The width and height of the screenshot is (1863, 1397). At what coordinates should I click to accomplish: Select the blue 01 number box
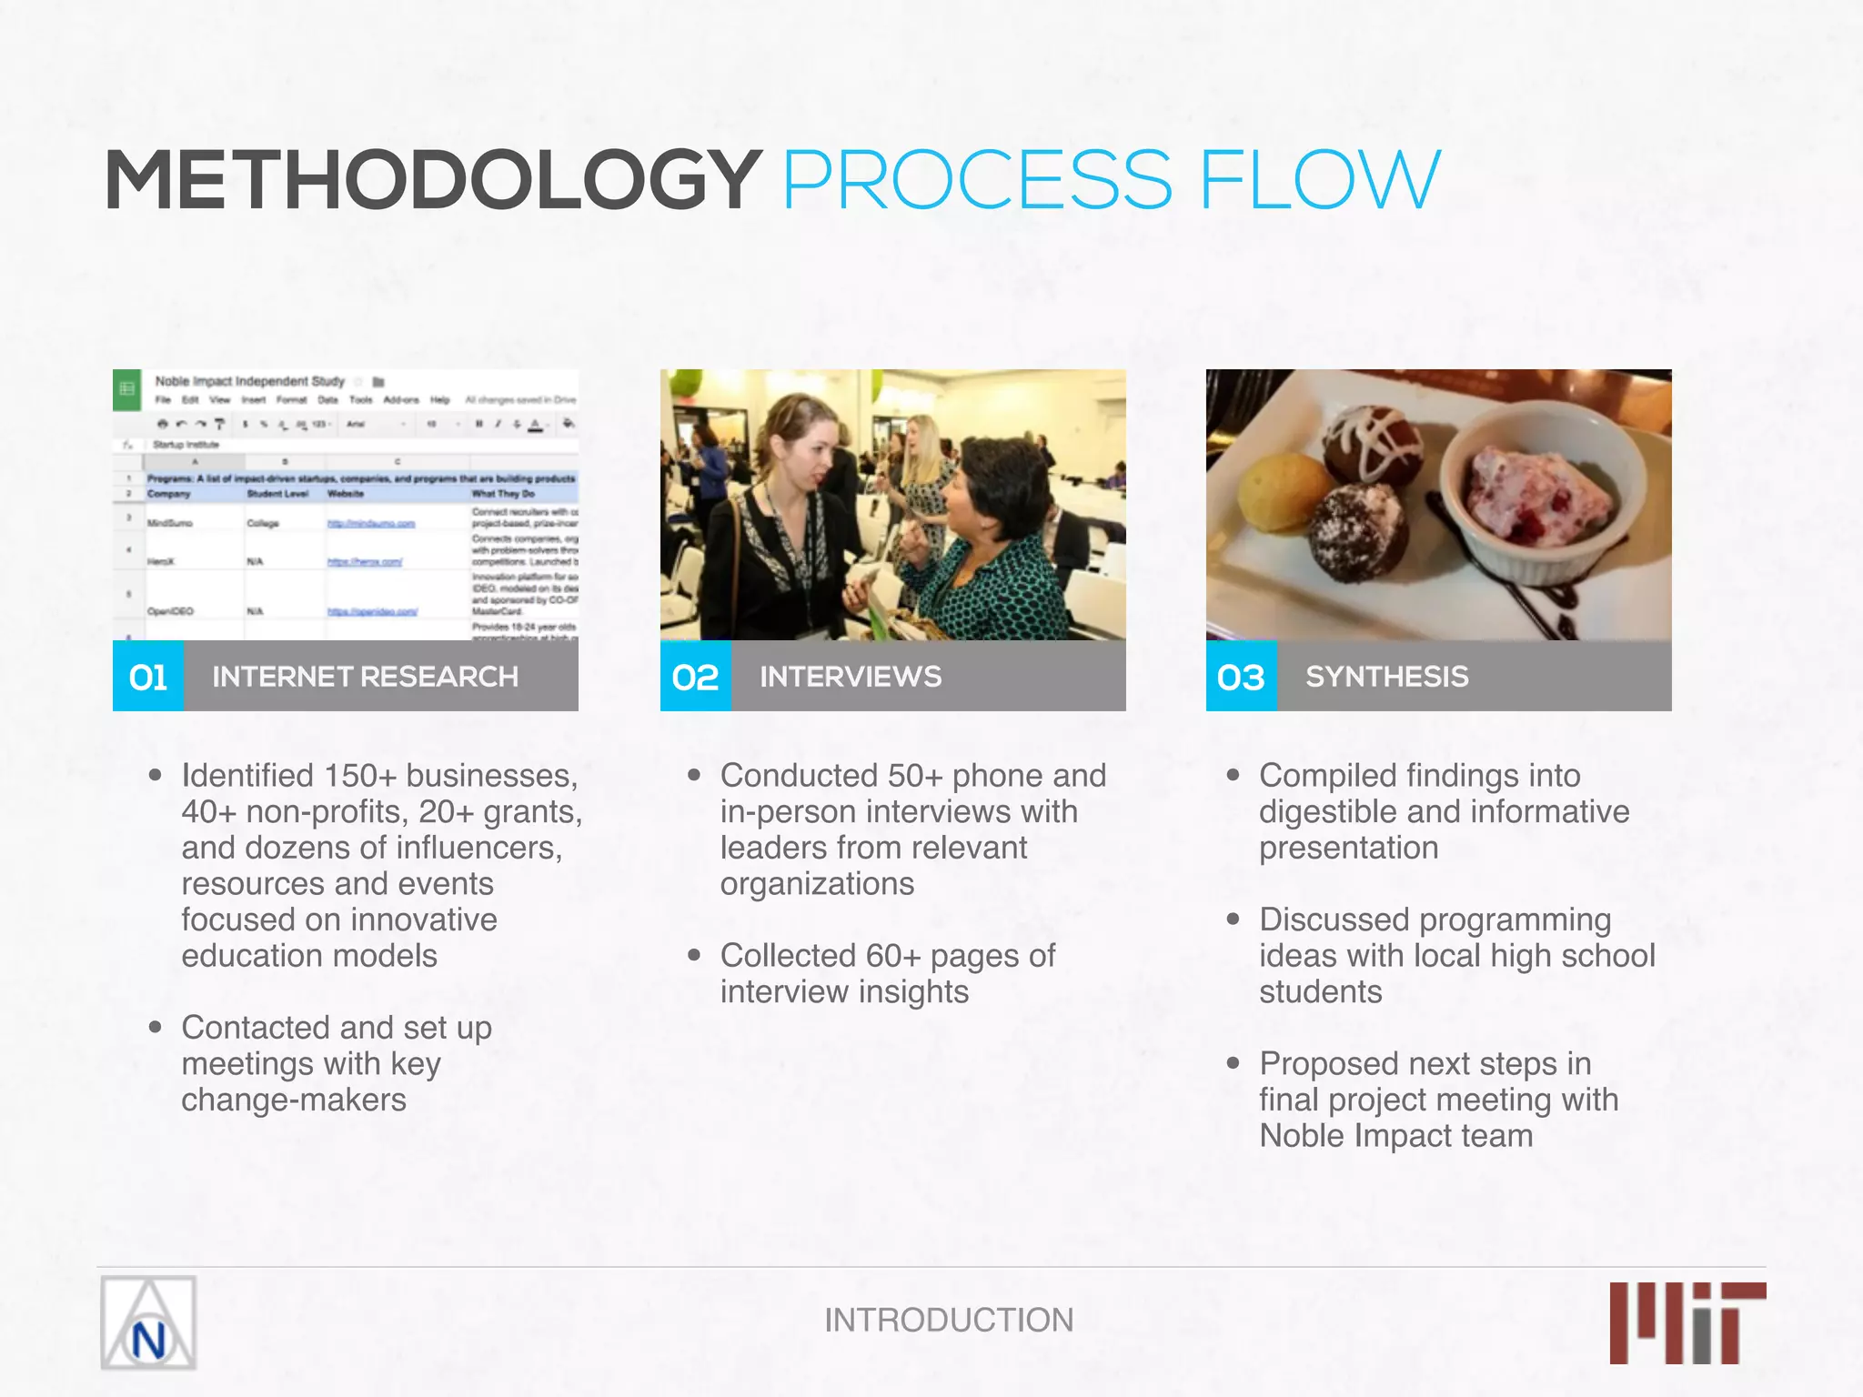click(148, 677)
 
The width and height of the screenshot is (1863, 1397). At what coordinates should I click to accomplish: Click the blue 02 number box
click(696, 677)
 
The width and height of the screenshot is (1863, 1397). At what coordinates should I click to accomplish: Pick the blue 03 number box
click(1242, 677)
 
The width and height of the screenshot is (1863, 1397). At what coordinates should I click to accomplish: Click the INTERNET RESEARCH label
click(365, 677)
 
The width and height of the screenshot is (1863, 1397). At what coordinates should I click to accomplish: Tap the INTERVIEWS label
click(851, 677)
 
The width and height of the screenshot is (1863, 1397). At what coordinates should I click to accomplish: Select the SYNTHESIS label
click(1387, 677)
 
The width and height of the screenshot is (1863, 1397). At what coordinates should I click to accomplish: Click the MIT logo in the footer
click(1687, 1322)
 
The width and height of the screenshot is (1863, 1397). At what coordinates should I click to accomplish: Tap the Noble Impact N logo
click(148, 1323)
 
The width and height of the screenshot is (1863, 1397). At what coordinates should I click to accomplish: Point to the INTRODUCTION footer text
click(949, 1320)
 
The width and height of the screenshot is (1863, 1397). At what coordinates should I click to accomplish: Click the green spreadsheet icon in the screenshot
click(127, 389)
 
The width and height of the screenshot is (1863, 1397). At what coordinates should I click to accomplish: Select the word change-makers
click(294, 1101)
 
